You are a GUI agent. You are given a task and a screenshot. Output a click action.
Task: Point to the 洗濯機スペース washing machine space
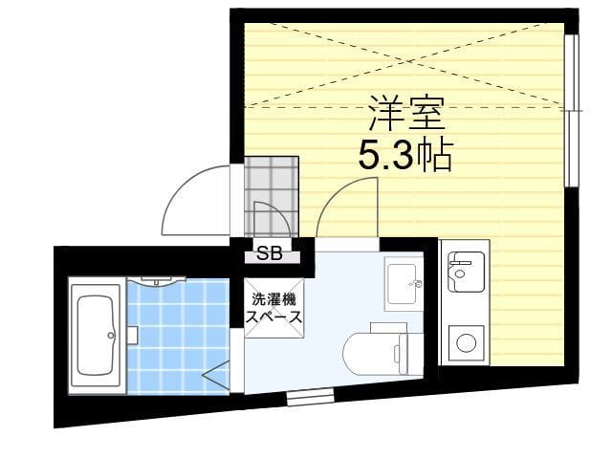point(274,308)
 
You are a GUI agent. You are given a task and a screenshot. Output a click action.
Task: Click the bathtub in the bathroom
point(97,336)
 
